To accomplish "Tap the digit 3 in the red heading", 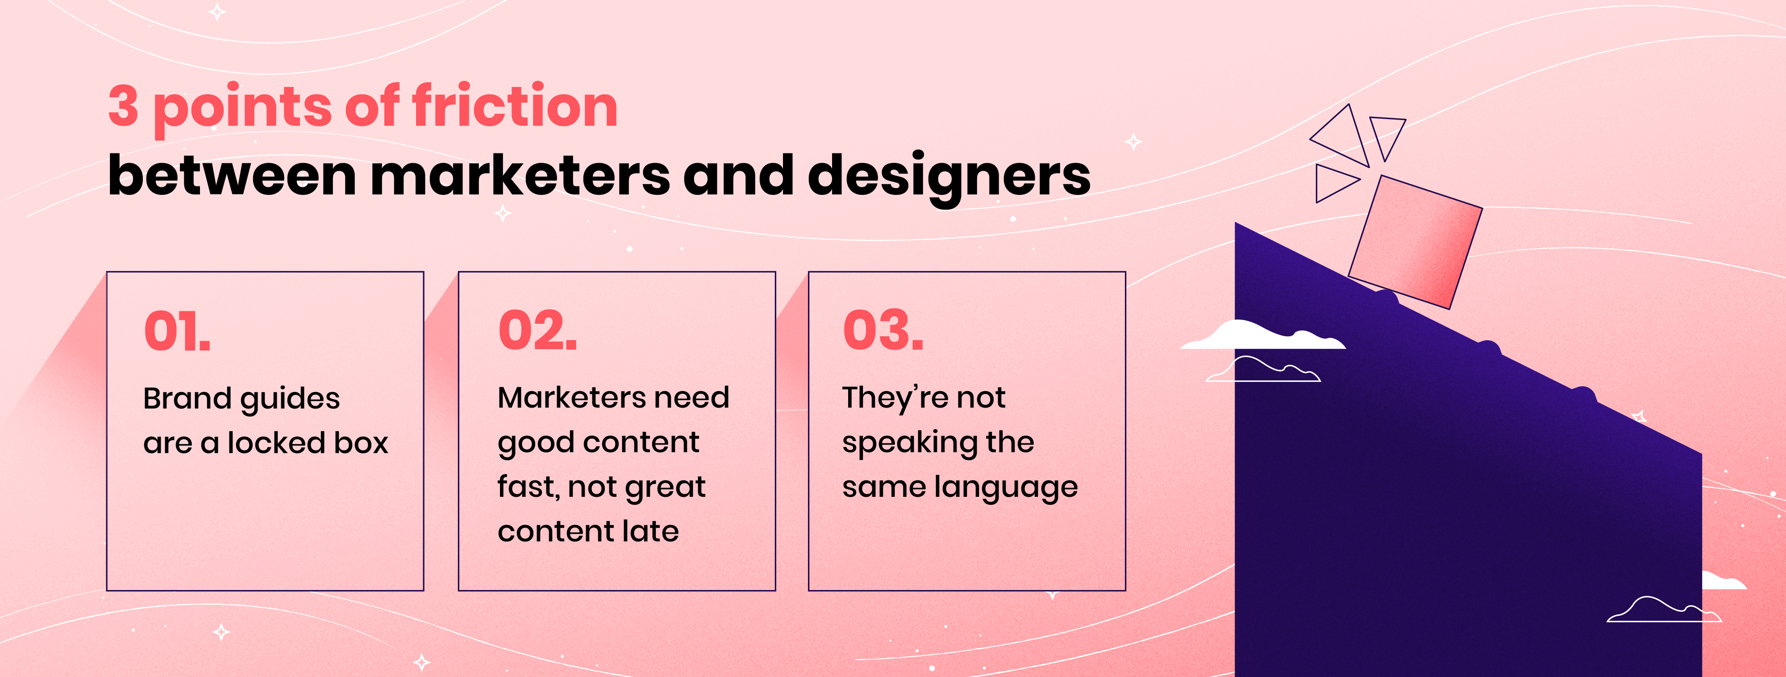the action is coord(123,106).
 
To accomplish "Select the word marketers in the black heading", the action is coord(520,175).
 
